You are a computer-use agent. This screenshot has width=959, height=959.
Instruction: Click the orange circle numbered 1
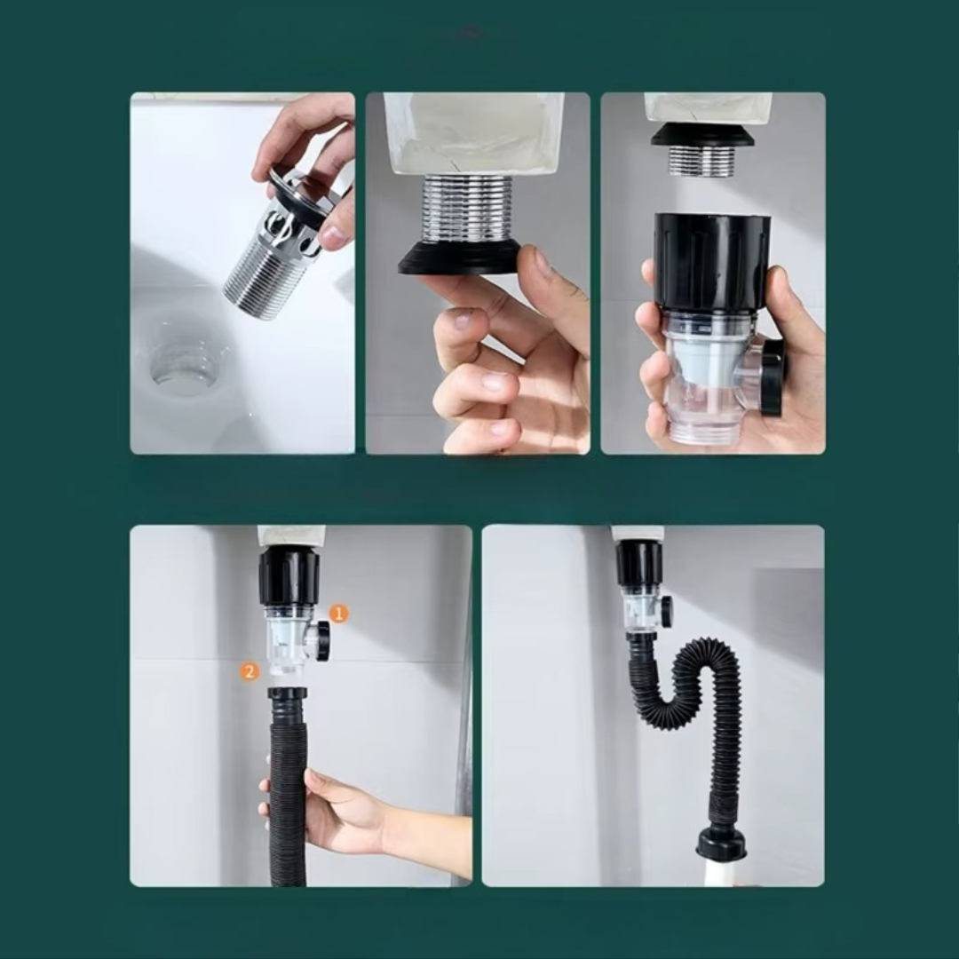(x=339, y=613)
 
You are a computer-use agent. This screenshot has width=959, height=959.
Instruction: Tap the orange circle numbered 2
(x=249, y=671)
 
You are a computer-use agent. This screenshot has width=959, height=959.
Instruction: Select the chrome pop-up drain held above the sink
(x=284, y=240)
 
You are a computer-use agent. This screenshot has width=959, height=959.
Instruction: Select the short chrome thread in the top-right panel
(x=702, y=161)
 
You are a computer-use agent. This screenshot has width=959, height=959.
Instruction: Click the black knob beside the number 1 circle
(x=322, y=640)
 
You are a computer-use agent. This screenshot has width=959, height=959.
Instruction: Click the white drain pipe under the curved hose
(x=721, y=873)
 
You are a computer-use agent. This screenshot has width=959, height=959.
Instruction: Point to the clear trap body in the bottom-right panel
(x=639, y=612)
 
